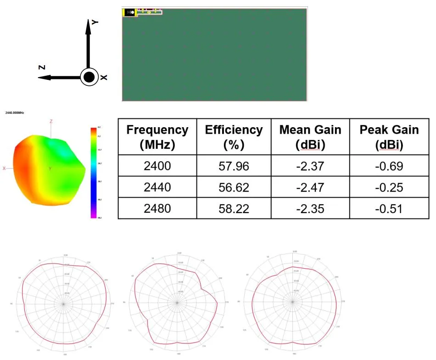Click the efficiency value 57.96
tap(234, 166)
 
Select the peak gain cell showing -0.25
tap(389, 187)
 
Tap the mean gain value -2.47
tap(310, 187)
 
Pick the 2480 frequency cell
tap(157, 208)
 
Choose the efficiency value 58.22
tap(234, 209)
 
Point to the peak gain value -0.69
tap(389, 166)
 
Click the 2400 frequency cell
tap(157, 166)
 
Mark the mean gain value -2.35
tap(310, 209)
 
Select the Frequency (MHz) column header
tap(157, 137)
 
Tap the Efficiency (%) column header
tap(234, 137)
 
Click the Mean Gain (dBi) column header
tap(310, 137)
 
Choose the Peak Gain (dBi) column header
tap(389, 137)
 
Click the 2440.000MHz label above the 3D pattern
tap(14, 112)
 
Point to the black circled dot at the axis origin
tap(89, 77)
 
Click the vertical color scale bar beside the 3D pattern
tap(94, 172)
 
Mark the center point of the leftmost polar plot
tap(64, 304)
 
